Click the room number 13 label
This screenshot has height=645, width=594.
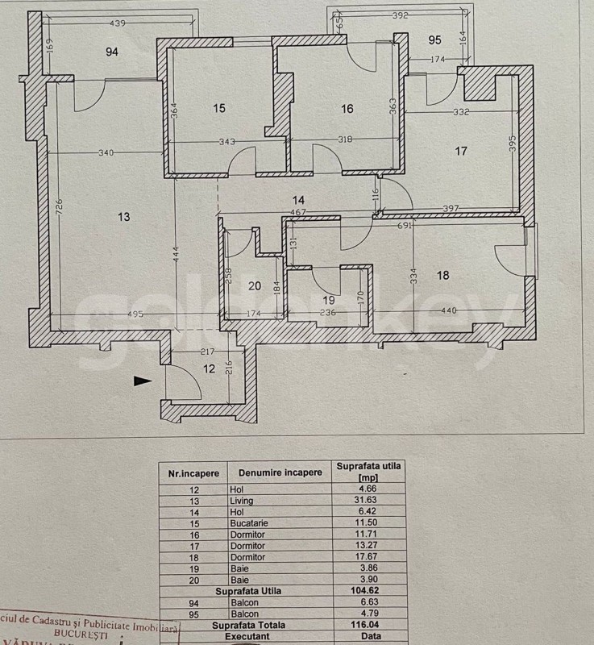[x=123, y=216]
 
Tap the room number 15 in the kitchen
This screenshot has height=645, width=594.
[x=219, y=109]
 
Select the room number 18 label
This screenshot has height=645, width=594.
[x=442, y=275]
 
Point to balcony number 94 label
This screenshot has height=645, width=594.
[x=112, y=52]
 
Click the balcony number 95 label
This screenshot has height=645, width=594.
[x=435, y=40]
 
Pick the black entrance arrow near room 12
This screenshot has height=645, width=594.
[x=143, y=381]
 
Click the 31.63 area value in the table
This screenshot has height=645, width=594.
[x=370, y=501]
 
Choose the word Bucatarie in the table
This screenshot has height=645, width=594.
[x=255, y=523]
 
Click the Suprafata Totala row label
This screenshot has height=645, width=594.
[x=248, y=625]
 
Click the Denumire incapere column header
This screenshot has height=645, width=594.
[x=274, y=473]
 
